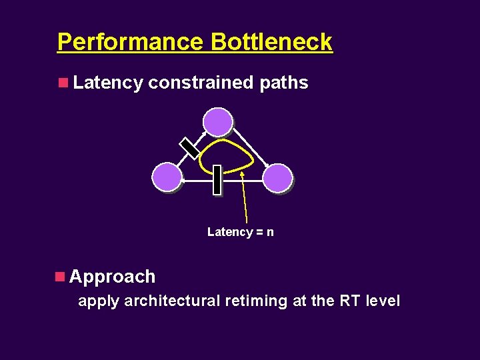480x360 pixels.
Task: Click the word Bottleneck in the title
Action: point(271,42)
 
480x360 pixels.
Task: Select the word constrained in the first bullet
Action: point(200,83)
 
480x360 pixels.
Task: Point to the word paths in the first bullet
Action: point(283,83)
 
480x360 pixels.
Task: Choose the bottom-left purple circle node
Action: point(166,178)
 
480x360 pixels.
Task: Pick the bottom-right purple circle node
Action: point(277,178)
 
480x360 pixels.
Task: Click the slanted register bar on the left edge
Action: point(190,148)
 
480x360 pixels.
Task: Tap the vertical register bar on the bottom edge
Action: point(217,179)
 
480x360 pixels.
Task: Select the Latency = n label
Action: point(240,232)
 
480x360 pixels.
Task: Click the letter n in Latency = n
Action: point(270,232)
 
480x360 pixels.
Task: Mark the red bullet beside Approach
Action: point(60,275)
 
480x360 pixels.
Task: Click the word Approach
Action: point(112,276)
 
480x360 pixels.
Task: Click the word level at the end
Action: point(383,301)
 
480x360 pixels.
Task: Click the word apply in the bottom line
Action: point(99,301)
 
